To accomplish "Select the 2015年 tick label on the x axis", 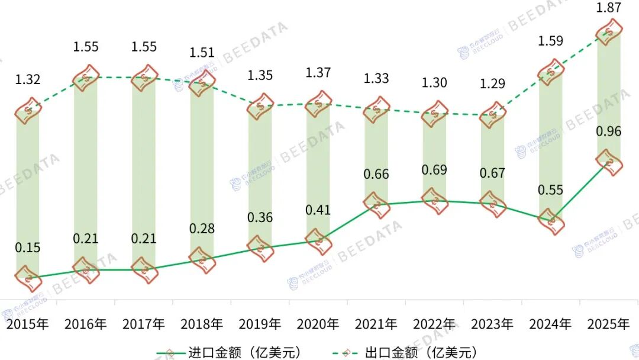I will point(28,324).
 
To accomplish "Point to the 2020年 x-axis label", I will point(318,324).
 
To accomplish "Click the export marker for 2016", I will point(86,78).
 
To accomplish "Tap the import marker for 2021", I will point(377,204).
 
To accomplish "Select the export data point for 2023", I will point(493,115).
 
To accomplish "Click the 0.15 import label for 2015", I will point(28,247).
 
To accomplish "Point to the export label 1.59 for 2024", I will point(551,41).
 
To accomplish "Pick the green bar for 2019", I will point(260,178).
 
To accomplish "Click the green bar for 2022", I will point(435,157).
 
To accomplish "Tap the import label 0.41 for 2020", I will point(318,210).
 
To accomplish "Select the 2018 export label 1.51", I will point(202,52).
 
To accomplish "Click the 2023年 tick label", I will point(492,324).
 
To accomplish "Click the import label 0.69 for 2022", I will point(435,171).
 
